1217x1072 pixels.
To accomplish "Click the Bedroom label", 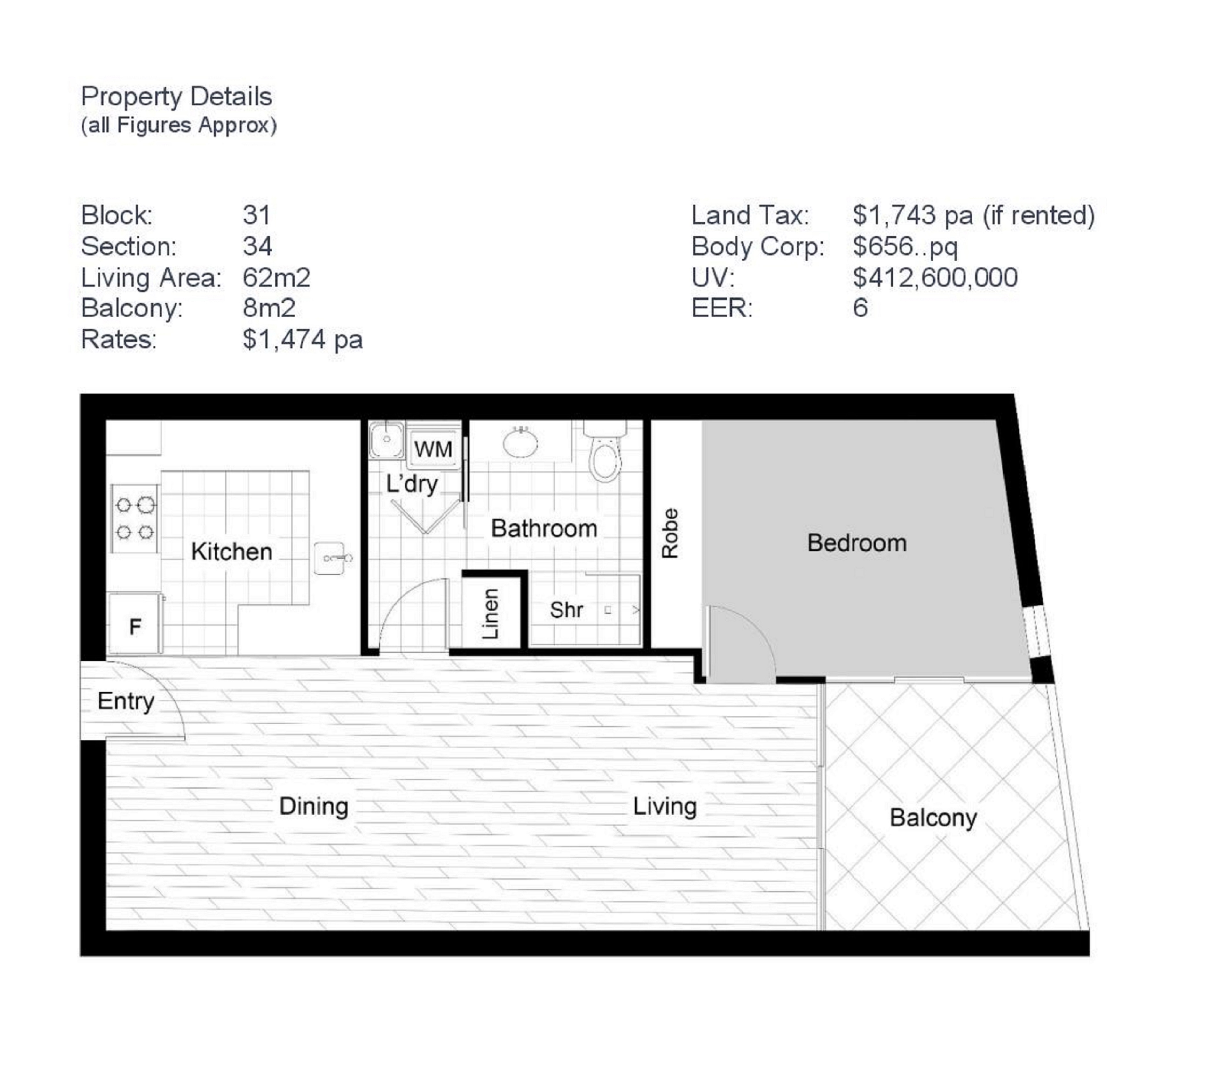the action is point(857,543).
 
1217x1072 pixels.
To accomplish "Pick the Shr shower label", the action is point(566,610).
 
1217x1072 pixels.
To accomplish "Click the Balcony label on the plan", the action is point(933,818).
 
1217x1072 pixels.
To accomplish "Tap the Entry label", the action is point(126,701).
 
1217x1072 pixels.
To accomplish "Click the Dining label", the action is point(314,807).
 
